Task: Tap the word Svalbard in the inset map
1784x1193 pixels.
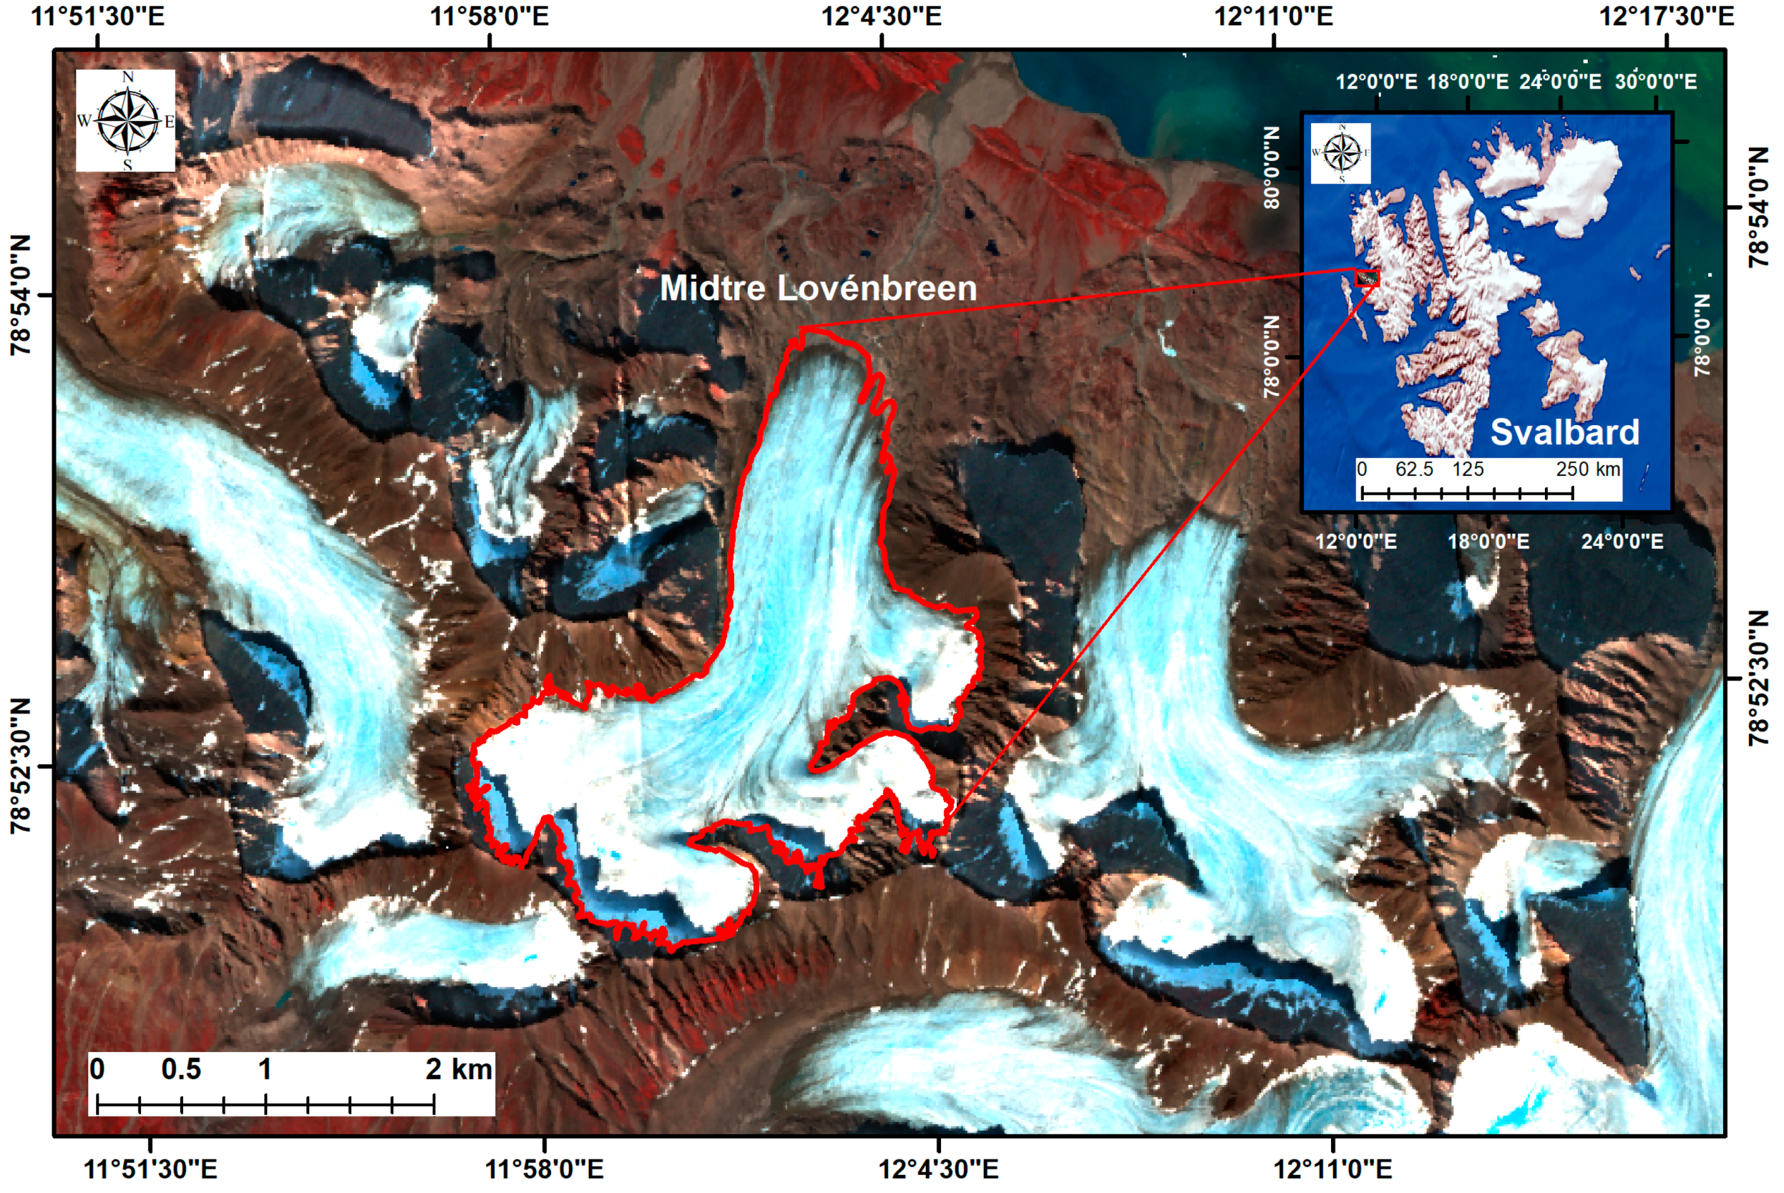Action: point(1564,431)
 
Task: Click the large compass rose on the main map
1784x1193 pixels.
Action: point(126,120)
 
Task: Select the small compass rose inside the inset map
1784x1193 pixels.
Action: point(1341,153)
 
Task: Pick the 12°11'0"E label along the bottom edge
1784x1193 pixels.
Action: point(1333,1168)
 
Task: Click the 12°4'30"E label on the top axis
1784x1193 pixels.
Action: point(881,15)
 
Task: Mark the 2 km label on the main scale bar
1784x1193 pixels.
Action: point(458,1069)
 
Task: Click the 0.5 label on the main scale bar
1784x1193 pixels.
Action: point(181,1069)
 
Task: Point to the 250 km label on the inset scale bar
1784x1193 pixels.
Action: point(1588,469)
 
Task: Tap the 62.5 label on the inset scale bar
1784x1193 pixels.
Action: point(1414,469)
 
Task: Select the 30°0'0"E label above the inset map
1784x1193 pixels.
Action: point(1656,81)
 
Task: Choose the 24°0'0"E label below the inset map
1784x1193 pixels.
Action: point(1622,541)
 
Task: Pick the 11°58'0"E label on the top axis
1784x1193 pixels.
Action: point(489,15)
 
